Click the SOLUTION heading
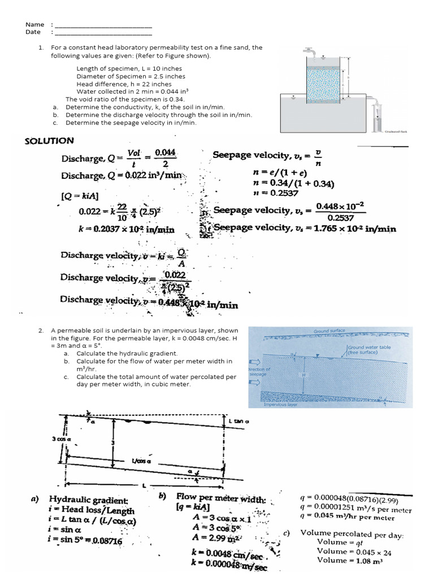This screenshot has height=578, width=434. click(x=49, y=141)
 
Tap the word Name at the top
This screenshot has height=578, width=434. click(x=34, y=24)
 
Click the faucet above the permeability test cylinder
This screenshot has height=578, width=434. click(x=309, y=51)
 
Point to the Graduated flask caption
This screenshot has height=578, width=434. click(x=395, y=130)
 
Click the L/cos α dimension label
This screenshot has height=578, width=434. click(x=138, y=460)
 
